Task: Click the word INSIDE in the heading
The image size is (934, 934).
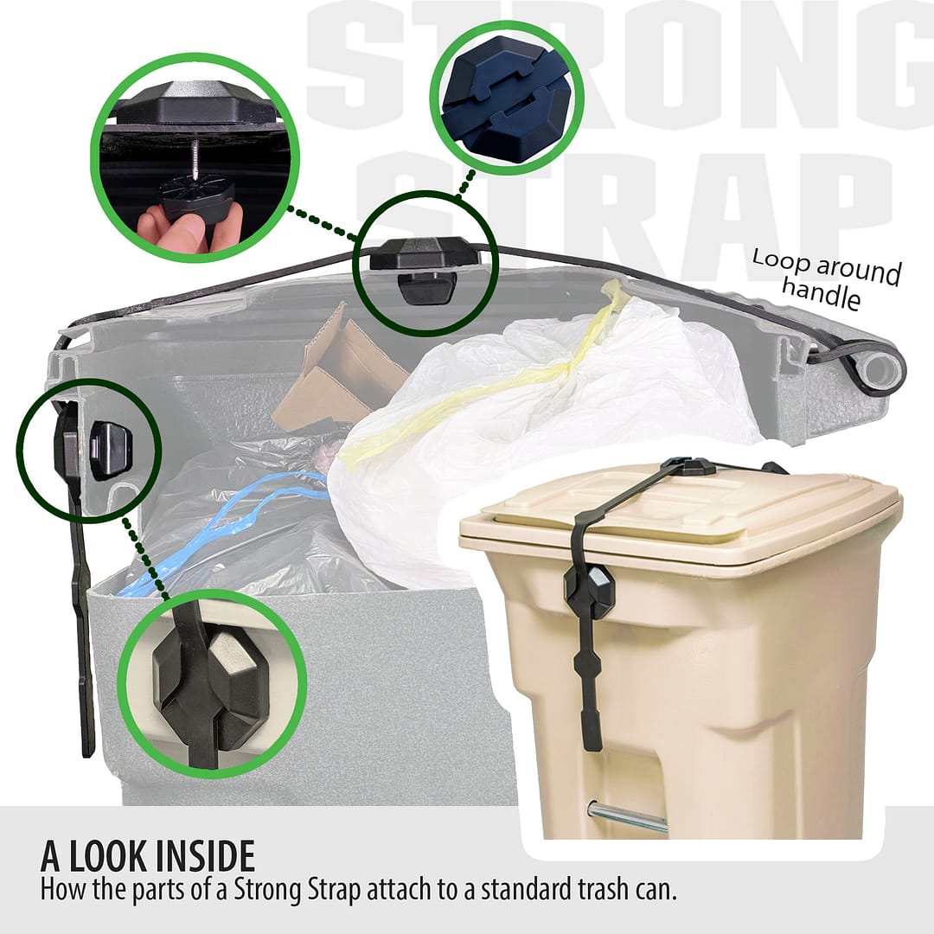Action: click(205, 856)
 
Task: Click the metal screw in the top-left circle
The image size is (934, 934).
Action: click(195, 161)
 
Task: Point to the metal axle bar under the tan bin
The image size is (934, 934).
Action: click(627, 818)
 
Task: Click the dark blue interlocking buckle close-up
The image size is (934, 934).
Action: click(506, 99)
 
